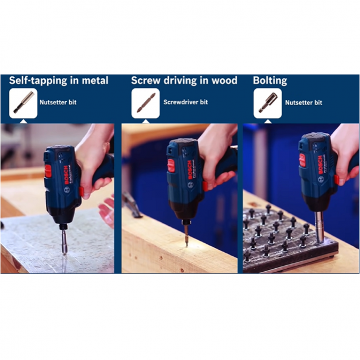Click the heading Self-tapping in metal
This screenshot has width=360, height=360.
point(58,80)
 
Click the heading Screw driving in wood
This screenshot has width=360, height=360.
point(184,80)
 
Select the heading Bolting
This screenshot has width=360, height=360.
point(270,80)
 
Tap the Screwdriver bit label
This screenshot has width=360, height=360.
point(185,103)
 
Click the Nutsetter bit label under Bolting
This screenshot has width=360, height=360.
point(303,103)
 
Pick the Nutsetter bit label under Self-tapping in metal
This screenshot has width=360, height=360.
point(58,103)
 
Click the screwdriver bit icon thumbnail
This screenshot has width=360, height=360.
point(146,103)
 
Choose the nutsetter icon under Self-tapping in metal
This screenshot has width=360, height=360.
point(23,103)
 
